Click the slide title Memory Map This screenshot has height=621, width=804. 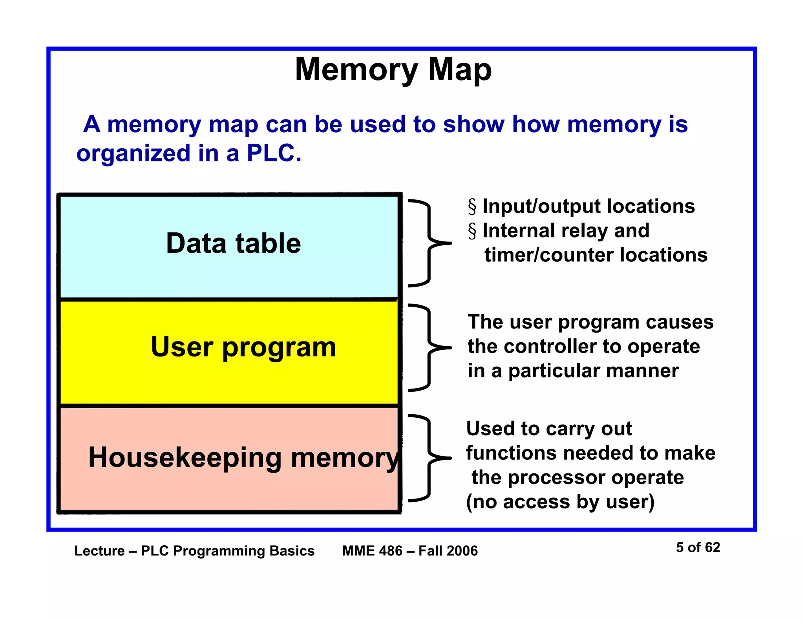[x=393, y=69]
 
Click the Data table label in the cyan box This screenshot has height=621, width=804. [x=233, y=243]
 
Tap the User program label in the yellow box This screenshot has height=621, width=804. [x=243, y=347]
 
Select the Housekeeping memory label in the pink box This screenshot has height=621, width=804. [x=243, y=458]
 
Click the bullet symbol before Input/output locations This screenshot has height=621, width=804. [x=472, y=207]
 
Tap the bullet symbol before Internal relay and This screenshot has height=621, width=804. [x=472, y=231]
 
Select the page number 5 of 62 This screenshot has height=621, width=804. [x=698, y=547]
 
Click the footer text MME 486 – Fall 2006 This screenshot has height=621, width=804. [x=410, y=551]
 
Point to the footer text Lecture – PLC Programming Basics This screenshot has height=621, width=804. [x=194, y=551]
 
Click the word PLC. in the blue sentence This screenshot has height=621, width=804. [x=274, y=153]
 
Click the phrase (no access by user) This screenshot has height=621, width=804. [x=560, y=502]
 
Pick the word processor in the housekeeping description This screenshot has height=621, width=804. [x=557, y=478]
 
